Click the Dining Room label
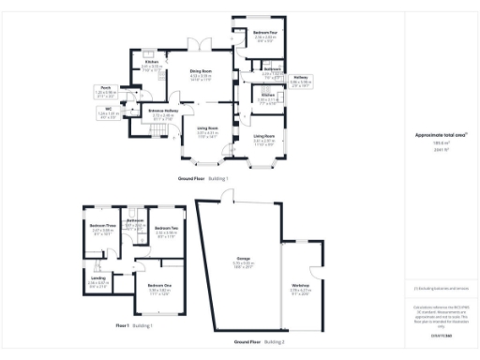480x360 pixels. click(201, 71)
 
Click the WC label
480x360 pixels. click(110, 110)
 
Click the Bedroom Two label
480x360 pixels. click(167, 228)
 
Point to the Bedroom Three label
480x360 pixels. click(103, 226)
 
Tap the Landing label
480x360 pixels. click(98, 277)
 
